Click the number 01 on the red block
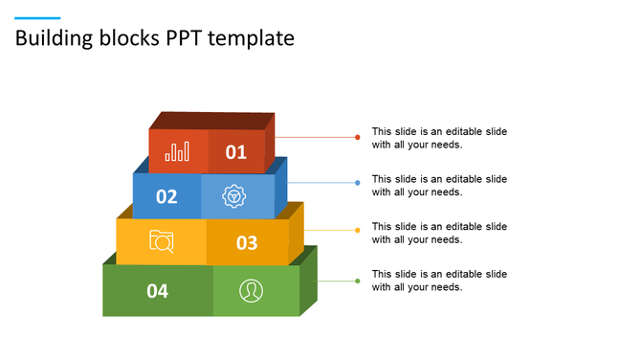pos(236,151)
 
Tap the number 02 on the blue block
pos(166,196)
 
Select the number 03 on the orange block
pos(247,242)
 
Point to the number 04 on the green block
pos(157,291)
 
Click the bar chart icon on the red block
pos(177,151)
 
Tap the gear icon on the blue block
pos(233,196)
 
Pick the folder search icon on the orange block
pos(162,241)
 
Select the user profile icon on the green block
pos(252,290)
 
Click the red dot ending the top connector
pos(358,137)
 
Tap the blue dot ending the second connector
pos(358,182)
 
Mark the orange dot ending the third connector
pos(358,230)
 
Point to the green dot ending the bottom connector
pos(358,281)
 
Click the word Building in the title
pos(52,39)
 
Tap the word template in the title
pos(254,39)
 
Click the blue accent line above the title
pos(37,17)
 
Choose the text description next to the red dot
pos(439,138)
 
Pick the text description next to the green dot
pos(439,281)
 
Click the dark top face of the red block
pos(210,121)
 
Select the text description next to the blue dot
pos(439,185)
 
